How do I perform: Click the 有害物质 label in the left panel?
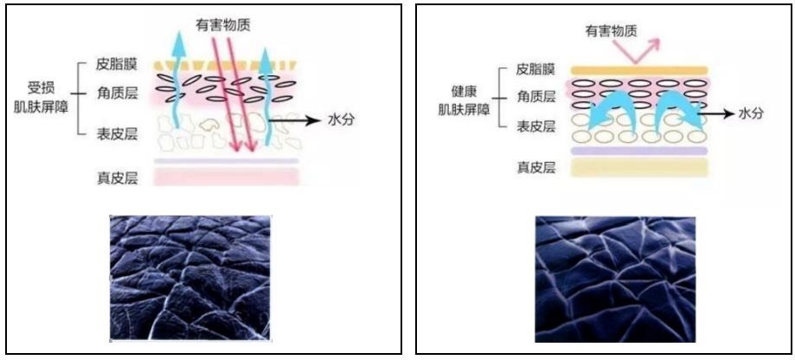pyautogui.click(x=223, y=24)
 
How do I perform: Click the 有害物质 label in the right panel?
pyautogui.click(x=611, y=31)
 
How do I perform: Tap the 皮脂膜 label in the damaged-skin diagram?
pyautogui.click(x=116, y=66)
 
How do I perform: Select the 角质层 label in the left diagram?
pyautogui.click(x=116, y=93)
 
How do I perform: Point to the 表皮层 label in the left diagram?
pyautogui.click(x=116, y=134)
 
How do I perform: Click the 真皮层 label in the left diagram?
pyautogui.click(x=116, y=178)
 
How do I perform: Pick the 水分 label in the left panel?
pyautogui.click(x=340, y=120)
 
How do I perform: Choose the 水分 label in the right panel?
pyautogui.click(x=750, y=114)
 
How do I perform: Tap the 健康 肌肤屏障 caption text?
pyautogui.click(x=464, y=100)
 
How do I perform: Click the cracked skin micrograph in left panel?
pyautogui.click(x=190, y=277)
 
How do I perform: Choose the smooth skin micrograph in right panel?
pyautogui.click(x=616, y=280)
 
